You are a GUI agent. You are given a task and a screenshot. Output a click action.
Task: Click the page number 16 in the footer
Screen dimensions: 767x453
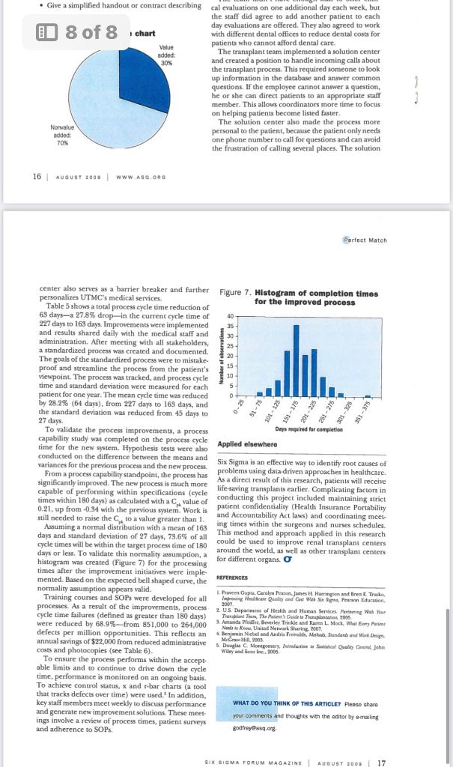(37, 176)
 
